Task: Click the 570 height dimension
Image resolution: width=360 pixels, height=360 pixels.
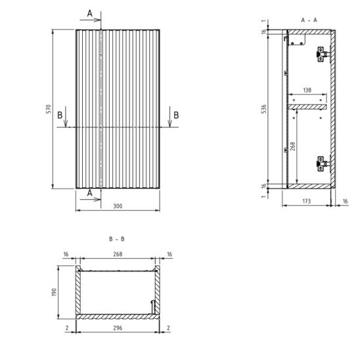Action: pyautogui.click(x=49, y=109)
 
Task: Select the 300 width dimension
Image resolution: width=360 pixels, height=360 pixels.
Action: pyautogui.click(x=118, y=206)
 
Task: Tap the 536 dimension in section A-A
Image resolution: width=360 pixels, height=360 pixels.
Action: pyautogui.click(x=264, y=109)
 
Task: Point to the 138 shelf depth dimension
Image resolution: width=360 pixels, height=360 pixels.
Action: pyautogui.click(x=307, y=90)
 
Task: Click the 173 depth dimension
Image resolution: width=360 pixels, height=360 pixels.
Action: pyautogui.click(x=307, y=202)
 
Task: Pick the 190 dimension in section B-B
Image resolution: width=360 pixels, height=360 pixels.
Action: pyautogui.click(x=54, y=292)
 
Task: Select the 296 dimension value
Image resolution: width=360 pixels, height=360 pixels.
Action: pyautogui.click(x=118, y=328)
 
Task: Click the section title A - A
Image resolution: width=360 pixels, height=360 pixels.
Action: pyautogui.click(x=309, y=20)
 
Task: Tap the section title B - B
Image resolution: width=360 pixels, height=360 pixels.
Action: pyautogui.click(x=117, y=239)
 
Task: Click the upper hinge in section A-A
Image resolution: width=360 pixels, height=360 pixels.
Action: pyautogui.click(x=323, y=54)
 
